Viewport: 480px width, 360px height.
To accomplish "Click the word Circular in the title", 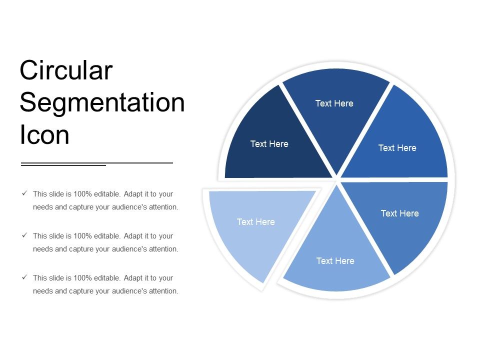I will pos(66,70).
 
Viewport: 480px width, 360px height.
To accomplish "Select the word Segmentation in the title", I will pos(102,103).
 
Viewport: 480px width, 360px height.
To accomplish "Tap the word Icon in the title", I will pos(44,135).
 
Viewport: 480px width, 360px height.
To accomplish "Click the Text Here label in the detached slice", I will pos(255,222).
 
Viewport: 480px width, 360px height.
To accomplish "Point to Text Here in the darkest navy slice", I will pos(269,144).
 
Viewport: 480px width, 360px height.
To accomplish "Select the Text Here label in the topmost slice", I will pos(334,103).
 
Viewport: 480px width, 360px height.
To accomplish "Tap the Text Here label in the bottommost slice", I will pos(335,261).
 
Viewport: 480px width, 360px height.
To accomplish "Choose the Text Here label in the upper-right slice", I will pos(397,148).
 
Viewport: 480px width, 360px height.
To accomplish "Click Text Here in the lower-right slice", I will pos(399,213).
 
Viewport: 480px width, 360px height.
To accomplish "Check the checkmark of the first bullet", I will pos(24,193).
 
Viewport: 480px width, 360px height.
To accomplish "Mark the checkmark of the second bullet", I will pos(24,235).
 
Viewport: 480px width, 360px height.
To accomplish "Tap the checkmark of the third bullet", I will pos(24,277).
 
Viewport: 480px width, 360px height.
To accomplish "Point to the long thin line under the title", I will pos(140,163).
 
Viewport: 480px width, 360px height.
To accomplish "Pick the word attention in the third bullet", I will pos(163,291).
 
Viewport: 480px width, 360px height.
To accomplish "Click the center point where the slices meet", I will pos(336,179).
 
